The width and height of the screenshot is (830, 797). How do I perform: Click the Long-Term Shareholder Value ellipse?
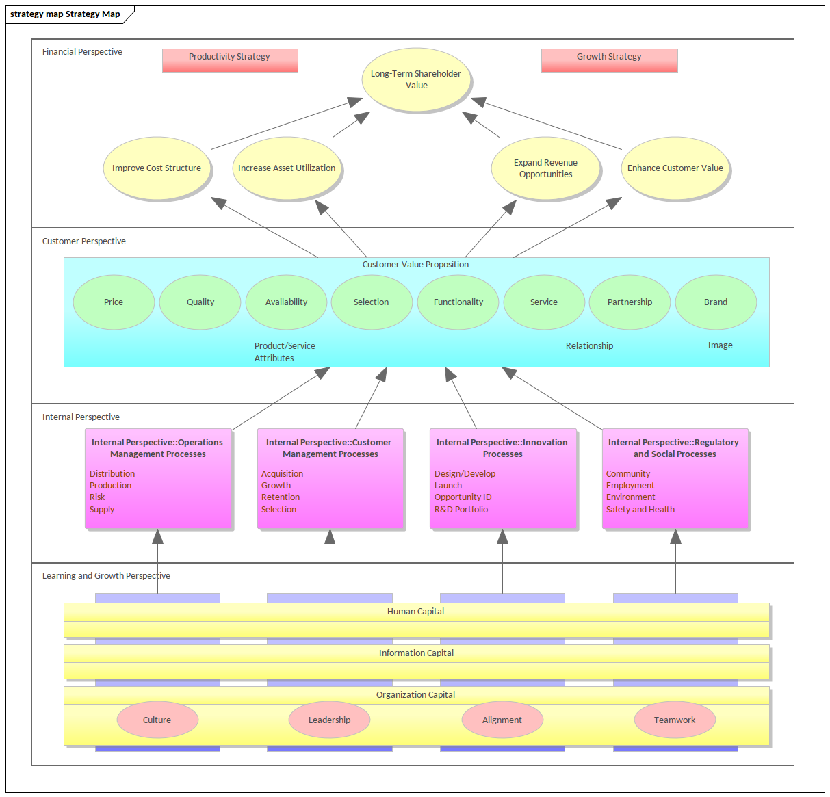coord(416,79)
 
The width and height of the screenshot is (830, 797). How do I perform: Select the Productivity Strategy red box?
coord(230,60)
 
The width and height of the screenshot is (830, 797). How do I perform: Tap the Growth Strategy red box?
coord(609,60)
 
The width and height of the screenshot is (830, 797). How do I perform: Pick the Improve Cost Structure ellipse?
coord(157,168)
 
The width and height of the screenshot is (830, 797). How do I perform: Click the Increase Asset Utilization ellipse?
coord(287,168)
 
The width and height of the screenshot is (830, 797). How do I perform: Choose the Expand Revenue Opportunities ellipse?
coord(545,168)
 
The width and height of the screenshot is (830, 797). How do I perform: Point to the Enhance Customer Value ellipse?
coord(675,168)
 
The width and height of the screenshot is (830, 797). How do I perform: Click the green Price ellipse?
coord(114,302)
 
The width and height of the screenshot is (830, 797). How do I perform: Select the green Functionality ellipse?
coord(458,302)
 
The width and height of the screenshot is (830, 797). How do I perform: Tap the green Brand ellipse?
coord(716,302)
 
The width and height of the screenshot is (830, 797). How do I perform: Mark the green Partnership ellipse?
coord(630,302)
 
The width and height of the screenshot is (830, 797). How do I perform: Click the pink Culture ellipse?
coord(157,720)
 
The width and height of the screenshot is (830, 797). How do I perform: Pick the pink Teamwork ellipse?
coord(675,720)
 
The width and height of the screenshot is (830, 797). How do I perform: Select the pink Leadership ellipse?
coord(329,720)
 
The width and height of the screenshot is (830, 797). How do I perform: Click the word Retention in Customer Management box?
coord(281,497)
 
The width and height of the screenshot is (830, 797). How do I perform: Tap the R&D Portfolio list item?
coord(461,510)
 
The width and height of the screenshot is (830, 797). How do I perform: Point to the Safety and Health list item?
coord(640,510)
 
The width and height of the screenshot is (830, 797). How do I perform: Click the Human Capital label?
coord(415,612)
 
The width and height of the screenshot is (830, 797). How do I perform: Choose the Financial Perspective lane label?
coord(82,52)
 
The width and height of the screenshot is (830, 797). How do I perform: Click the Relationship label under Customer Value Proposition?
coord(589,346)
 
